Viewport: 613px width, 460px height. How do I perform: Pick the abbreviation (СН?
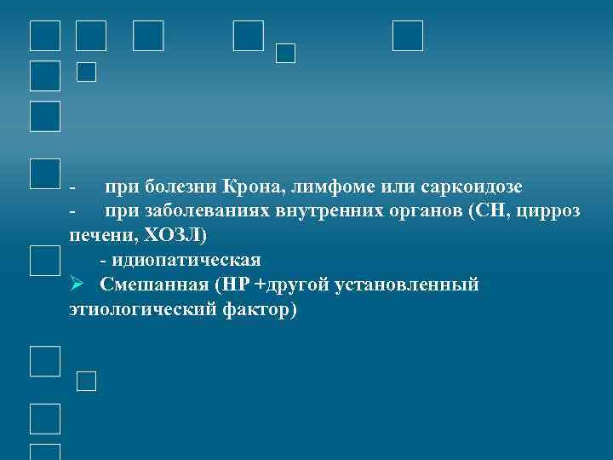click(489, 210)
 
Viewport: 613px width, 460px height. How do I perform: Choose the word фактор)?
click(258, 309)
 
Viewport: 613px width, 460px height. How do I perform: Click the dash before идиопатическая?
click(103, 260)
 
